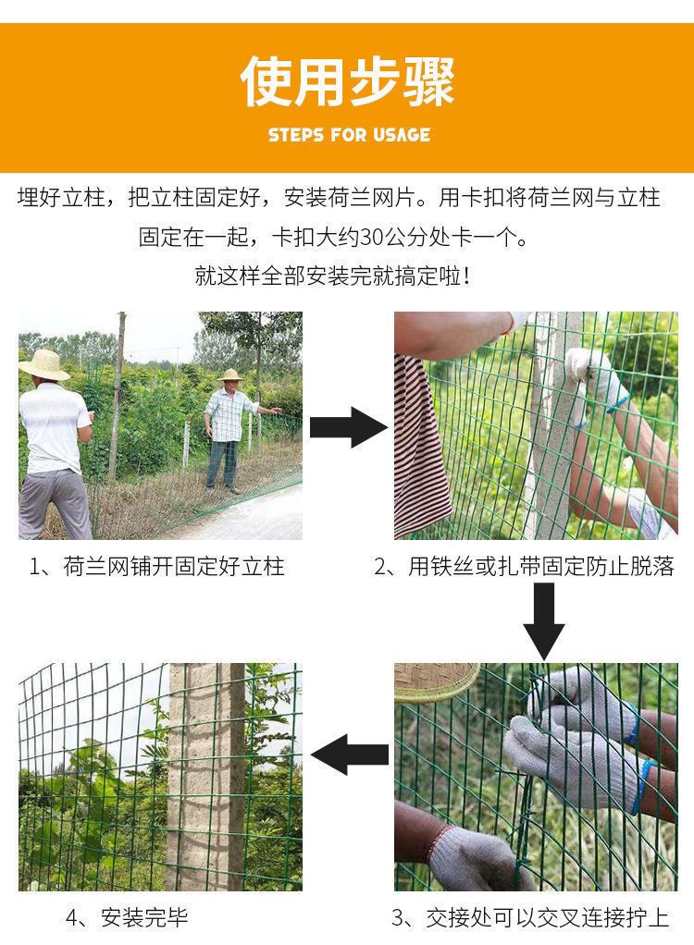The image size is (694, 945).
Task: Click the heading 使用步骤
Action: coord(347,81)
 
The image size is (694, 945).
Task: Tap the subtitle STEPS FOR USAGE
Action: coord(349,134)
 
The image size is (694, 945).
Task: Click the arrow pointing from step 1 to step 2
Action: coord(349,426)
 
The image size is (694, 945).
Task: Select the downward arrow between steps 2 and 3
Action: coord(544,621)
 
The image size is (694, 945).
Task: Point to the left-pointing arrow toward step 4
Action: coord(350,755)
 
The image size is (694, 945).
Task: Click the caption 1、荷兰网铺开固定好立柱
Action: coord(156,567)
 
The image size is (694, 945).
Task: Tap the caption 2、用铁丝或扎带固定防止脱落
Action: coord(524,567)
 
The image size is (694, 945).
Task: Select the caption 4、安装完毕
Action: coord(127,918)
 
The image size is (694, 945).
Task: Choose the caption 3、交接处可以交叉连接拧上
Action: coord(530,918)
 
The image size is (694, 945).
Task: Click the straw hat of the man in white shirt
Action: coord(44,364)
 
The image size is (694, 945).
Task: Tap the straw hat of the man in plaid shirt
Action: coord(230,374)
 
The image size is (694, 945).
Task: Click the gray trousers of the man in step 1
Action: coord(55,504)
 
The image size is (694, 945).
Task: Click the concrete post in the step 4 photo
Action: coord(207,777)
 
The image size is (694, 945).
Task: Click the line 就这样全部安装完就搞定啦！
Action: coord(332,276)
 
